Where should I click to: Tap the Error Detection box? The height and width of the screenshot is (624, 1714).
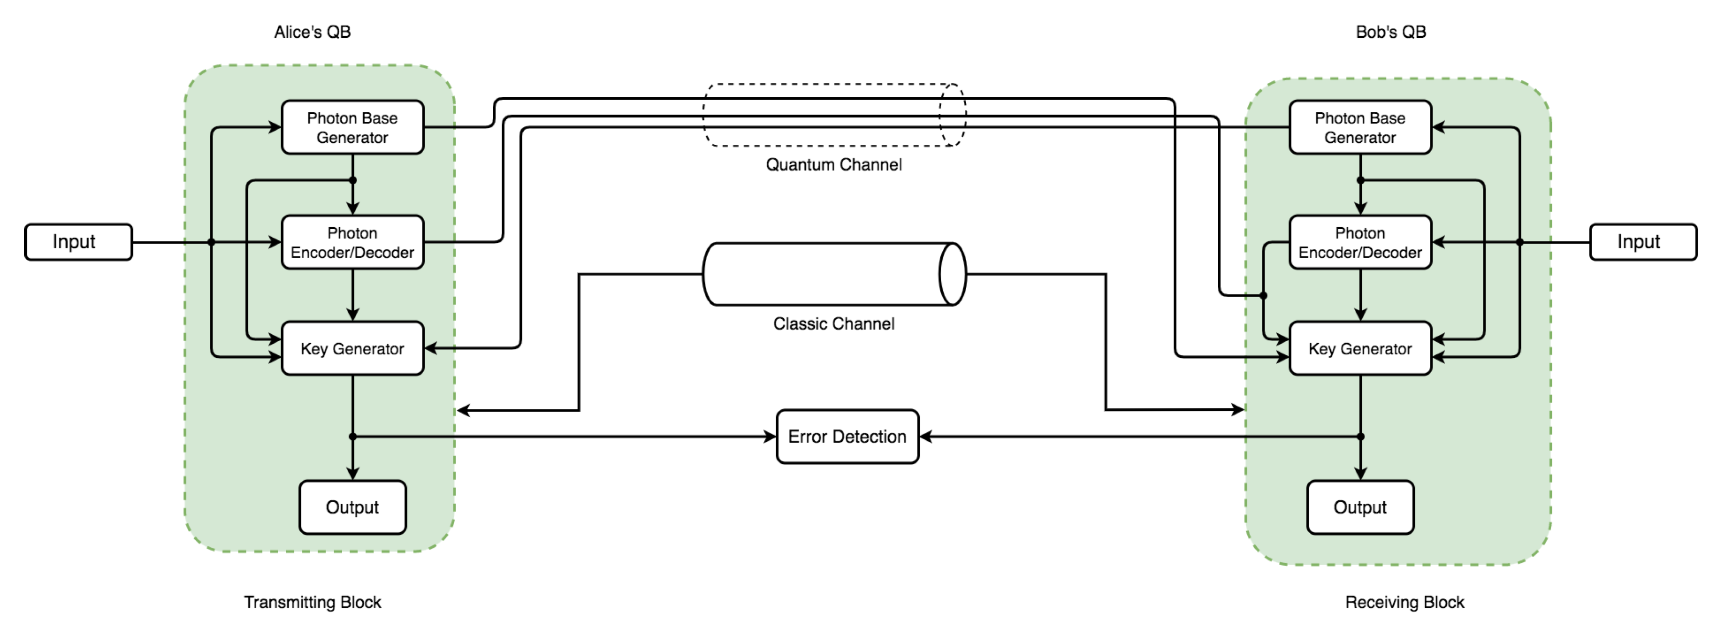(x=847, y=437)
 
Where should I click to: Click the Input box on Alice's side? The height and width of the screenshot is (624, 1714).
(x=79, y=241)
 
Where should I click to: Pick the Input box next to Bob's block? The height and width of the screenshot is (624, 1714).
(x=1642, y=241)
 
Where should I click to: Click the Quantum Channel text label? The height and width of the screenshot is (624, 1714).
(x=833, y=164)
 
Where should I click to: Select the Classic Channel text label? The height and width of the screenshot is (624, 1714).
(x=833, y=323)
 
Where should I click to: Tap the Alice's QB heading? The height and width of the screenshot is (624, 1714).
(x=312, y=32)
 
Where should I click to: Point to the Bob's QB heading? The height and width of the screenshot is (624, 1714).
(x=1391, y=32)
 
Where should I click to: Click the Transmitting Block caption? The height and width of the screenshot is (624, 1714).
(x=312, y=602)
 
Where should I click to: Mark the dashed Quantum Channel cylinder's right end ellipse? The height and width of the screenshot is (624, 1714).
(x=952, y=114)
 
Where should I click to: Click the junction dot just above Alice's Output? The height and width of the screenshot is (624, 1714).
(x=353, y=437)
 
